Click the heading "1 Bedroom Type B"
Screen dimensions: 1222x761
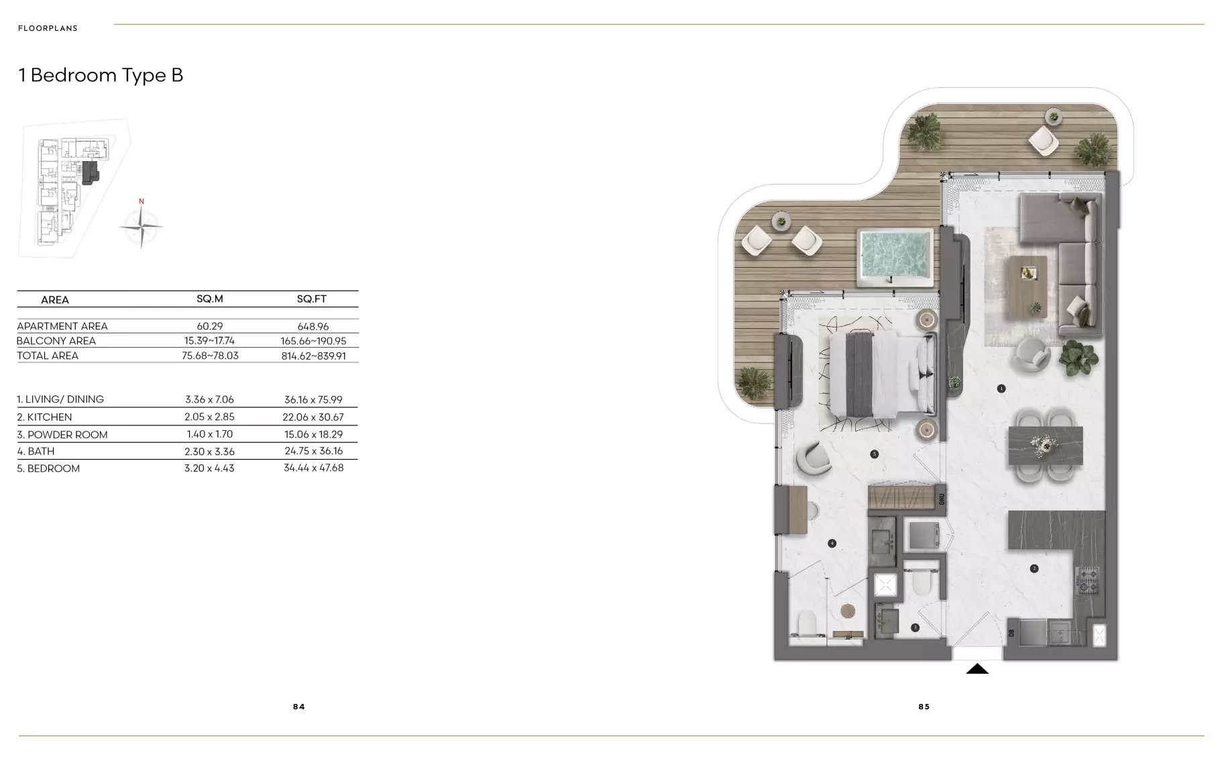click(101, 75)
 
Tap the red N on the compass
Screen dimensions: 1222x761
click(142, 201)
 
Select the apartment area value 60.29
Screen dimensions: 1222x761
click(210, 326)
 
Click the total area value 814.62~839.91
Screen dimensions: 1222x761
click(314, 356)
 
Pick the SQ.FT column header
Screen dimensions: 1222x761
click(312, 299)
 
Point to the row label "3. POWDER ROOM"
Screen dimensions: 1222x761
click(62, 435)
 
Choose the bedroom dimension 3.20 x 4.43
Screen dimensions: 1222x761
click(209, 468)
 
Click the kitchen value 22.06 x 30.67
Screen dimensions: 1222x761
click(314, 417)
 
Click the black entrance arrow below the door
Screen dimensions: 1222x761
click(977, 668)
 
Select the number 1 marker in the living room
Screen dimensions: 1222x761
click(1001, 389)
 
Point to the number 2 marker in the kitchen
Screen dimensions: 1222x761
click(1034, 568)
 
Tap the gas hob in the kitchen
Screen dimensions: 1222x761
click(1087, 580)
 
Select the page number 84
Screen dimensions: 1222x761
click(299, 707)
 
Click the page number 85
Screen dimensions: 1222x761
click(924, 707)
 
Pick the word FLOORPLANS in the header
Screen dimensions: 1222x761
click(48, 28)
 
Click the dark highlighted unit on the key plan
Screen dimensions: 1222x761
click(90, 172)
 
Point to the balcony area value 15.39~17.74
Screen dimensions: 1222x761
click(210, 341)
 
